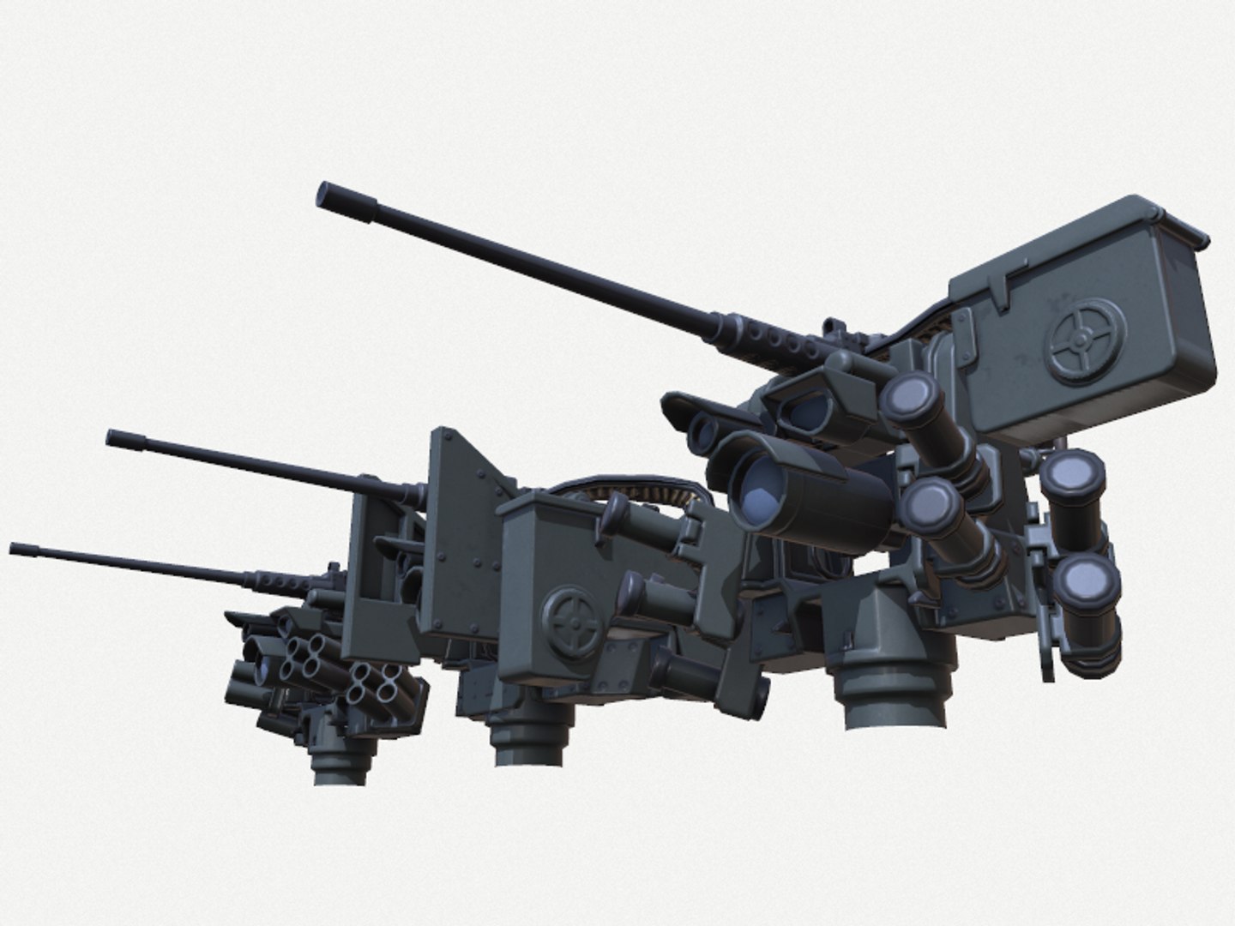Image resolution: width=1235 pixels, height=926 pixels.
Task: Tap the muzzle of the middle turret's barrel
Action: pyautogui.click(x=112, y=437)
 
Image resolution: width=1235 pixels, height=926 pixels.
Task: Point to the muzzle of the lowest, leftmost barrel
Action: pyautogui.click(x=15, y=546)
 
